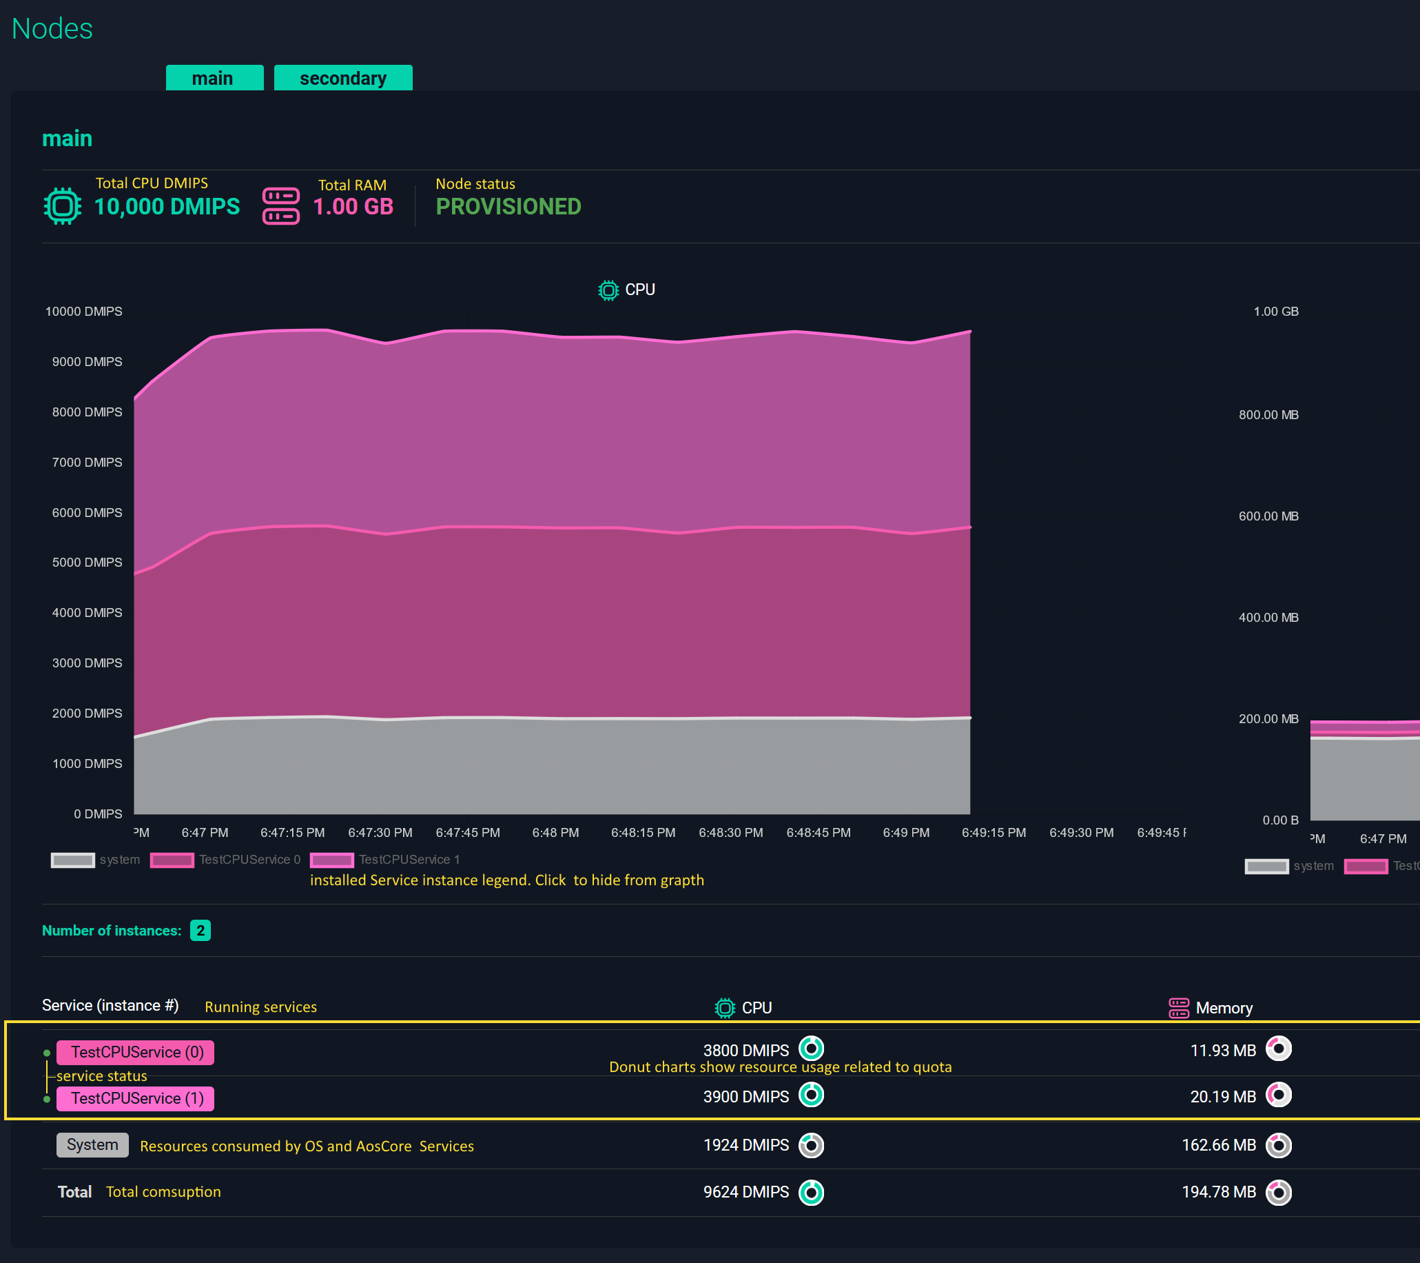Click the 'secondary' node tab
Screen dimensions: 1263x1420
click(x=342, y=78)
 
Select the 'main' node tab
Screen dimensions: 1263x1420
click(x=214, y=78)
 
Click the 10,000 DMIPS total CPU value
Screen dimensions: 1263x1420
click(x=167, y=206)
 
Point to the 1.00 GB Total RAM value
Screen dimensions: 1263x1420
click(x=353, y=206)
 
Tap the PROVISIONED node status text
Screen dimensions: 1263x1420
click(x=508, y=206)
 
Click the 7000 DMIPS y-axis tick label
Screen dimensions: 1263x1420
click(x=87, y=462)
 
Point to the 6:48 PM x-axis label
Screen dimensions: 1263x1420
click(x=555, y=833)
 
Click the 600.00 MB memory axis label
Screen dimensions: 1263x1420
click(x=1268, y=516)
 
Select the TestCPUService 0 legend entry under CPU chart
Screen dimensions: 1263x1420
click(x=226, y=860)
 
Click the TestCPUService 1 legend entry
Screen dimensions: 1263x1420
click(x=386, y=860)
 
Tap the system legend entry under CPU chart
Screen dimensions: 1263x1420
click(x=96, y=860)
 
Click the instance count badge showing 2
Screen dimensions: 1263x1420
click(x=200, y=930)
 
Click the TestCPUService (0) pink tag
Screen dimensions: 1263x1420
click(x=136, y=1051)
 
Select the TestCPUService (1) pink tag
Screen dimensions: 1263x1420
click(x=136, y=1098)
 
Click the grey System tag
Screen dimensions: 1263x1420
click(x=92, y=1145)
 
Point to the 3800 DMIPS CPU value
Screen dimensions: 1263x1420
click(x=745, y=1050)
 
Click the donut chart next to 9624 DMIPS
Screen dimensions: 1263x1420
click(x=811, y=1192)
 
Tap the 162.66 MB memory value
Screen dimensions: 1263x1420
click(x=1219, y=1145)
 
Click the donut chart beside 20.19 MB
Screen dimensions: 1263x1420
click(x=1278, y=1095)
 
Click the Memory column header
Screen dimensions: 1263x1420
click(x=1223, y=1008)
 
